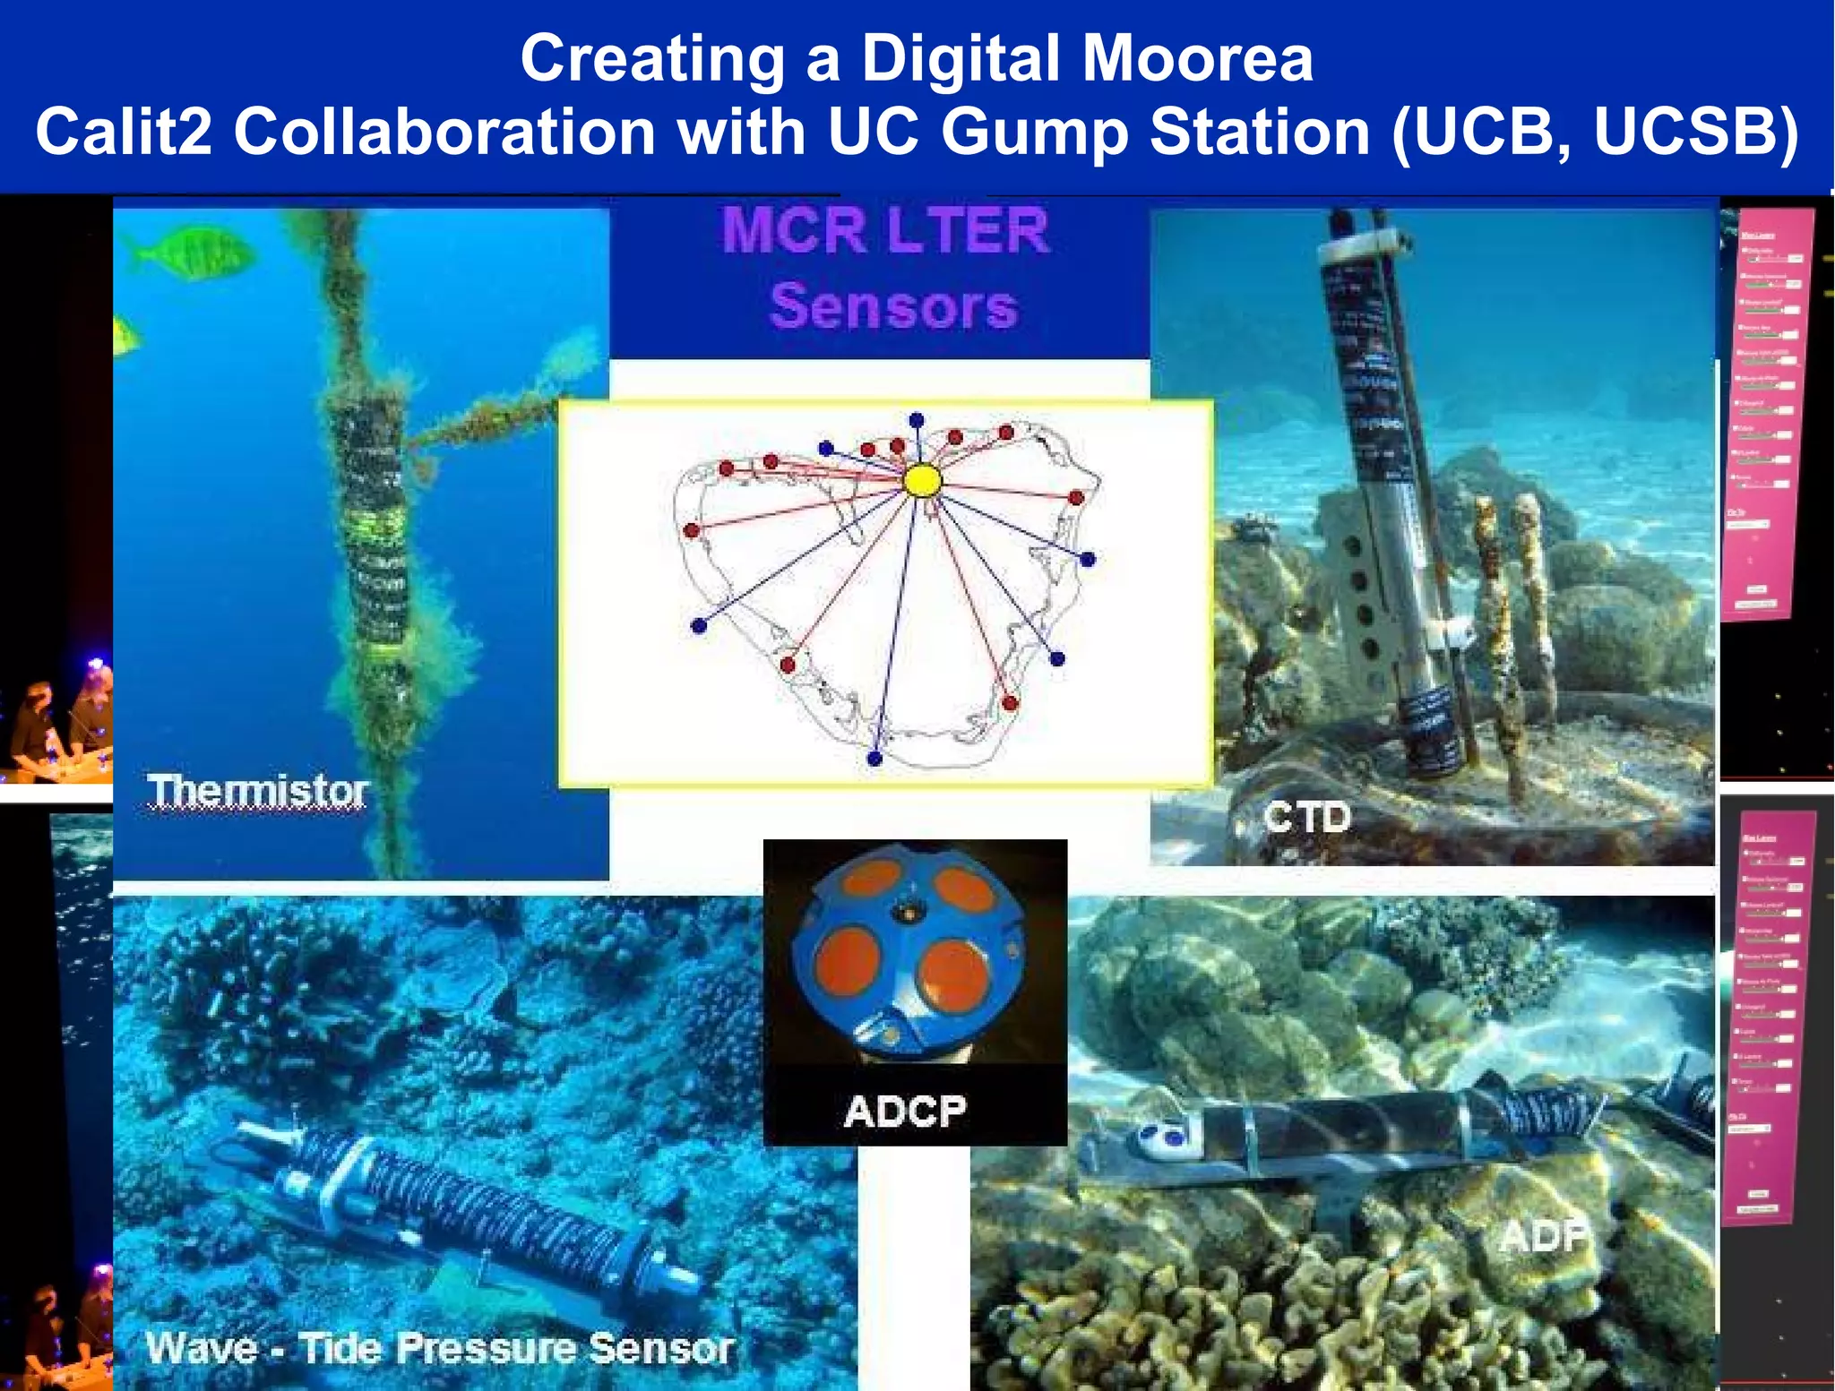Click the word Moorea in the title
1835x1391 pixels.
point(1198,58)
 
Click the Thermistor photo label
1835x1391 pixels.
point(257,792)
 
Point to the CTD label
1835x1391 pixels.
point(1306,817)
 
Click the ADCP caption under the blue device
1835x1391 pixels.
point(905,1112)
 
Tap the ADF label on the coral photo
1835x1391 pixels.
point(1543,1237)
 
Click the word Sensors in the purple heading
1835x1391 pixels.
point(893,306)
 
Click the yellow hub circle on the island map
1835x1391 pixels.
point(922,481)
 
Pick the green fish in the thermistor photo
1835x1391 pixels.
point(190,252)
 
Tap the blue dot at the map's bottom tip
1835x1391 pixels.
point(874,759)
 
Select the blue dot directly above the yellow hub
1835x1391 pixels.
point(916,419)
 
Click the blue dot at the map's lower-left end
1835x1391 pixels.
point(699,626)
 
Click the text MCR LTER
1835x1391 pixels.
point(885,231)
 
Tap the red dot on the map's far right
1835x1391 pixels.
point(1076,497)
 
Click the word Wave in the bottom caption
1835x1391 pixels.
point(202,1348)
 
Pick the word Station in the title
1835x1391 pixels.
point(1260,133)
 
